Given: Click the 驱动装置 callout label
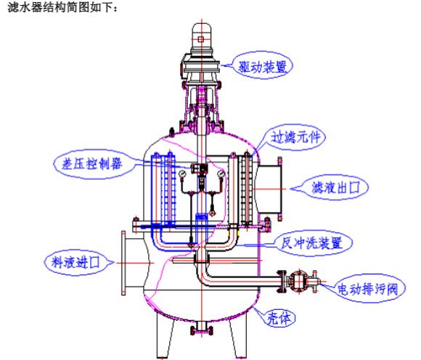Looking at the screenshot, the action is (263, 67).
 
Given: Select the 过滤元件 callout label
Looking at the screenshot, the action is (295, 137).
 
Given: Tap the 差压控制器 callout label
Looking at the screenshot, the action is (92, 163).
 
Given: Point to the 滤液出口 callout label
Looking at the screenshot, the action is (335, 187).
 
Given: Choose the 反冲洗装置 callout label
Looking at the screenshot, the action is (311, 242).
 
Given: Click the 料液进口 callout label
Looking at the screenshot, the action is (75, 262).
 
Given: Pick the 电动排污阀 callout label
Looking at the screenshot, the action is (367, 289).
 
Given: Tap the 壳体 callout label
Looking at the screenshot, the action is (279, 319).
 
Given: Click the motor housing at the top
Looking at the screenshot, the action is (201, 40).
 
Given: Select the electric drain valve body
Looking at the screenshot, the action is (298, 282).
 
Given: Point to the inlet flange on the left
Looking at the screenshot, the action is (123, 263).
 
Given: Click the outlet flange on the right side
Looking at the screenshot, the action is (280, 189).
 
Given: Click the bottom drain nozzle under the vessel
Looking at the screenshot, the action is (201, 328).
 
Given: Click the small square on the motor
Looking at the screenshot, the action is (201, 40).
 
